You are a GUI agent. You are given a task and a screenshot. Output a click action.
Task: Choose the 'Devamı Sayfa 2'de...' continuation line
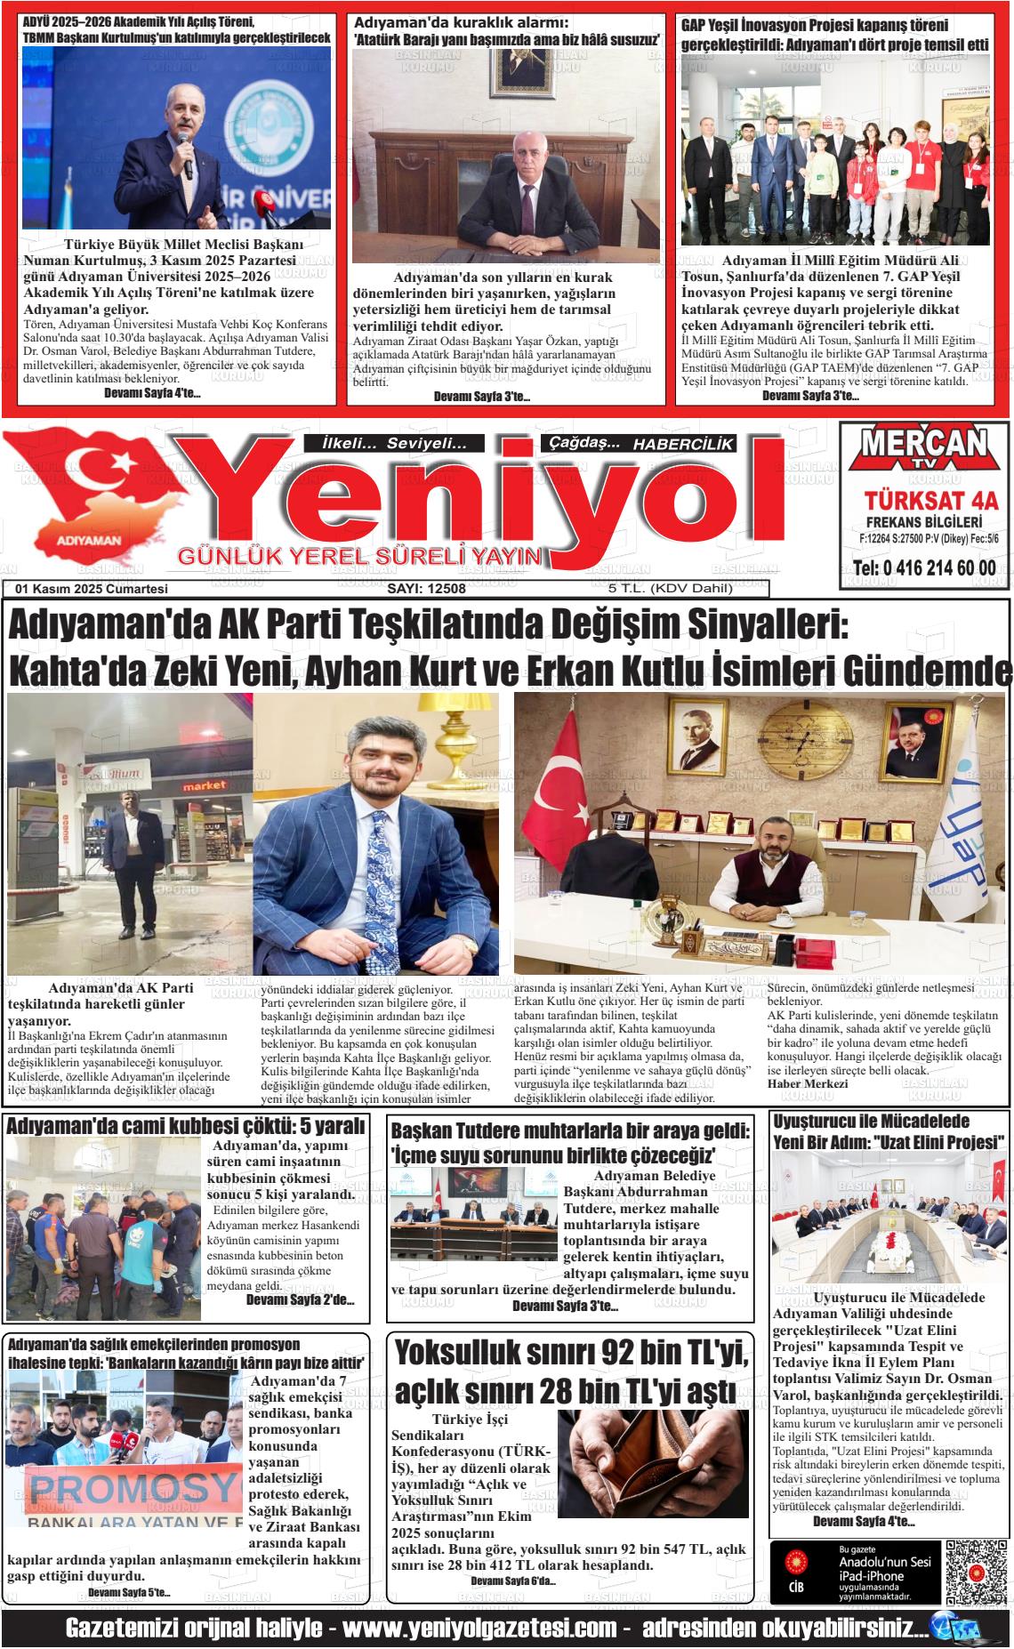click(x=300, y=1300)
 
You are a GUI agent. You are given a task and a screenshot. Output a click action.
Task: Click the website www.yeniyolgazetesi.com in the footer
click(x=479, y=1629)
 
